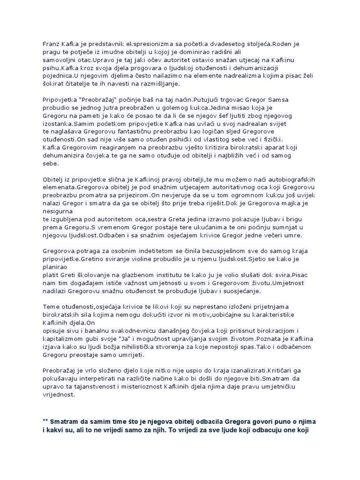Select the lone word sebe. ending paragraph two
click(x=51, y=164)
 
